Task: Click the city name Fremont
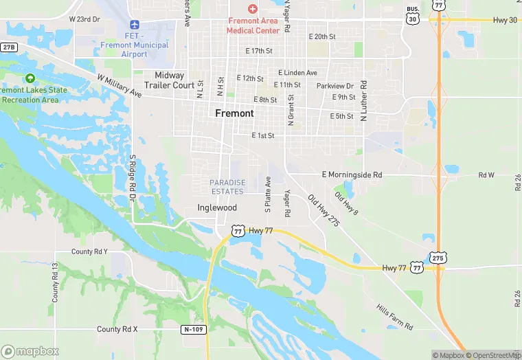[234, 113]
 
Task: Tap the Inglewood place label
[217, 207]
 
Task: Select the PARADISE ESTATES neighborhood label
[227, 187]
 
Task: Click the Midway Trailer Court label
[169, 80]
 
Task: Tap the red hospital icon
[253, 9]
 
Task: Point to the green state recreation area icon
[29, 78]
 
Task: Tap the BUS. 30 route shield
[412, 17]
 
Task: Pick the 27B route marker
[8, 47]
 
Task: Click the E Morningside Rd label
[352, 175]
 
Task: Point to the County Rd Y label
[89, 251]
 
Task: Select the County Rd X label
[117, 329]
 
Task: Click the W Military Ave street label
[119, 86]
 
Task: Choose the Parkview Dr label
[334, 86]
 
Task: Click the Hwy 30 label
[505, 21]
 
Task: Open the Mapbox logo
[30, 351]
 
